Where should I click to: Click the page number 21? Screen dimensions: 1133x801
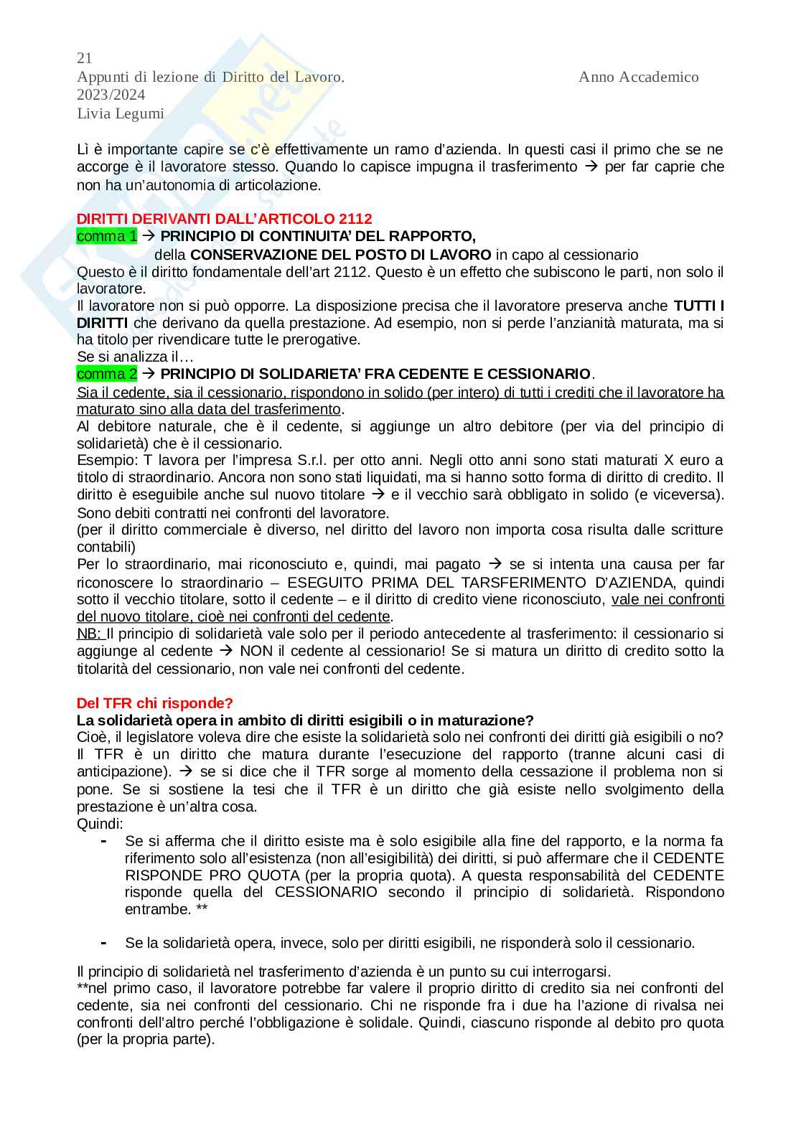coord(84,58)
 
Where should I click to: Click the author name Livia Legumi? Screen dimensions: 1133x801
coord(120,113)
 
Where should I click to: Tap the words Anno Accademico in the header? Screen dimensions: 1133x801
coord(638,77)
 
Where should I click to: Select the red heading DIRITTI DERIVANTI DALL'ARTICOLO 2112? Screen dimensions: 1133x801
coord(224,219)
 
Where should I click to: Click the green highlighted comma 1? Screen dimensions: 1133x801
coord(106,236)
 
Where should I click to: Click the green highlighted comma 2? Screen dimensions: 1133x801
coord(106,374)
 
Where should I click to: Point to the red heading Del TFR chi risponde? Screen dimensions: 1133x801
coord(154,703)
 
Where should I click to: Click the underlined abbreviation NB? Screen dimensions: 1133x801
coord(90,634)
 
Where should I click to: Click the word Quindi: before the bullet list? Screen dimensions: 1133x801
coord(100,824)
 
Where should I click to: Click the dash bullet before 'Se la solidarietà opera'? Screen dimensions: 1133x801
coord(104,943)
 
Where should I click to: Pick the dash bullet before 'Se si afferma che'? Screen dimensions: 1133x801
coord(104,840)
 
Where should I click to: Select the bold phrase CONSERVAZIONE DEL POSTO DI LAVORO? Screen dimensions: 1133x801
coord(341,255)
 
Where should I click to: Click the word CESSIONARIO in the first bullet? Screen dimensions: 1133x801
coord(326,893)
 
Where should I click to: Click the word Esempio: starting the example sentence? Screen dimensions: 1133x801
coord(103,460)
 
